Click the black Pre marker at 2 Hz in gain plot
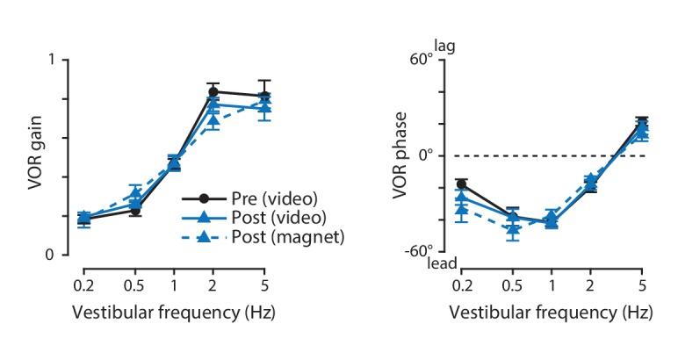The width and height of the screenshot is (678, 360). pyautogui.click(x=213, y=91)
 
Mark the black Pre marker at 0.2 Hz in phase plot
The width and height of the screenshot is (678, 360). pyautogui.click(x=462, y=184)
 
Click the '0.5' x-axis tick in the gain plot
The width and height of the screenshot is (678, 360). pyautogui.click(x=135, y=285)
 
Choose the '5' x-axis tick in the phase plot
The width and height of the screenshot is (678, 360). pyautogui.click(x=642, y=285)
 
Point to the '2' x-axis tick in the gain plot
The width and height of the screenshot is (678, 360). pyautogui.click(x=213, y=285)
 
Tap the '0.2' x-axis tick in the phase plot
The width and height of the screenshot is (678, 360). pyautogui.click(x=462, y=285)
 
